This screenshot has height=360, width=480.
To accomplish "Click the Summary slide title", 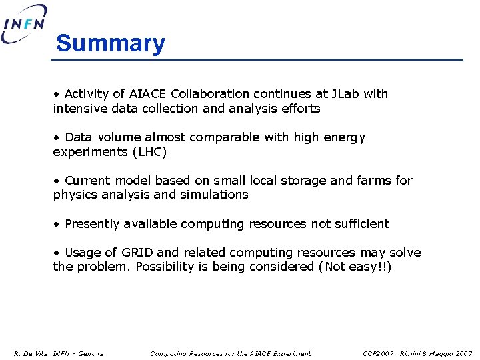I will [110, 43].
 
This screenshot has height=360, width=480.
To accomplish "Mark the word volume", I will [119, 137].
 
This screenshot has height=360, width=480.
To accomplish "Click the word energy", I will [344, 137].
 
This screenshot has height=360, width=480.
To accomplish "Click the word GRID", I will [137, 253].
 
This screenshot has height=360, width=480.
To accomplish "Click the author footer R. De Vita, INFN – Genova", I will [59, 353].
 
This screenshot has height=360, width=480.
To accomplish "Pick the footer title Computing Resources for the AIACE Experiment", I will [231, 353].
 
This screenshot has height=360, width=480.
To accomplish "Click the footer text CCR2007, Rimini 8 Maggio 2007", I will [417, 353].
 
